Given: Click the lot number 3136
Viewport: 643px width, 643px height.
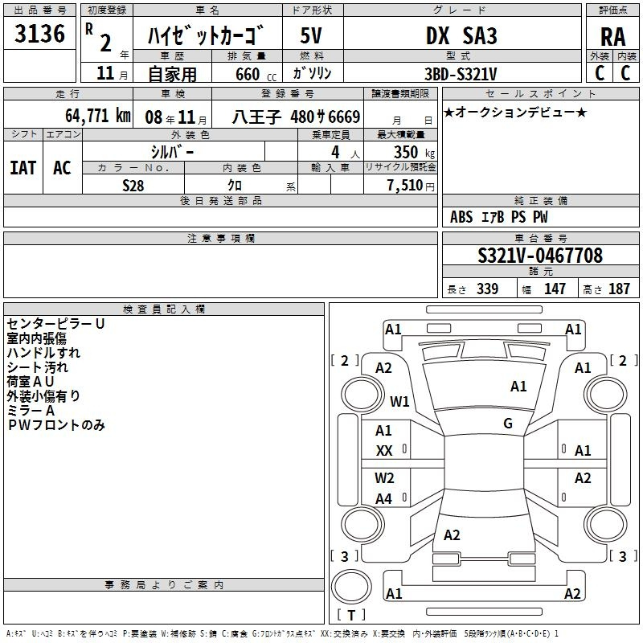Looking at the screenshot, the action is pyautogui.click(x=39, y=34).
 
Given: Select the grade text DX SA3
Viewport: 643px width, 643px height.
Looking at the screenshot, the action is pyautogui.click(x=461, y=35).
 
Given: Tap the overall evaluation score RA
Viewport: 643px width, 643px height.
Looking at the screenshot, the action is pyautogui.click(x=613, y=37).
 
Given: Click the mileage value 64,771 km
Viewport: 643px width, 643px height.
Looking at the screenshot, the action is pyautogui.click(x=98, y=116).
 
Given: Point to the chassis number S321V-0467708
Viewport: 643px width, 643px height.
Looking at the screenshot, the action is pyautogui.click(x=540, y=256).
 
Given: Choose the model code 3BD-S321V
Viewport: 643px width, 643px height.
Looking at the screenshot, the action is pyautogui.click(x=461, y=74).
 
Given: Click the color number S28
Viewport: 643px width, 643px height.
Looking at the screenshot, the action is pyautogui.click(x=133, y=186).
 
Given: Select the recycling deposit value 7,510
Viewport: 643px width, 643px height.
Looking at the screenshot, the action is pyautogui.click(x=405, y=186).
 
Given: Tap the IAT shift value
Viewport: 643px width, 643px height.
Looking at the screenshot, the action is pyautogui.click(x=23, y=168).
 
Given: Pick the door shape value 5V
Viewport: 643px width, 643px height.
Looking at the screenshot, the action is pyautogui.click(x=311, y=35).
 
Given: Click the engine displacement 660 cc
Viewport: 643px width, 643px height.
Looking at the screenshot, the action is pyautogui.click(x=256, y=75).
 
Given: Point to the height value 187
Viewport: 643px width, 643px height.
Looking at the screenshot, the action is pyautogui.click(x=619, y=289).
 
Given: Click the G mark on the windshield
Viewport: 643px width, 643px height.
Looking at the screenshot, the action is pyautogui.click(x=508, y=423).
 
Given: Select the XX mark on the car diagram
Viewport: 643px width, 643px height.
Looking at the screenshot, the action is pyautogui.click(x=384, y=451).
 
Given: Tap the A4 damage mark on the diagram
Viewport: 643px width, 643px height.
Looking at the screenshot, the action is pyautogui.click(x=384, y=498).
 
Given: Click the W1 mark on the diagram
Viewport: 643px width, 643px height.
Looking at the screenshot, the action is pyautogui.click(x=399, y=401).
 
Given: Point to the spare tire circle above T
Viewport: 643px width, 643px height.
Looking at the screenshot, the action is pyautogui.click(x=351, y=587).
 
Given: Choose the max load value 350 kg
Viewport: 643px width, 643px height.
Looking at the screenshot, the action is pyautogui.click(x=414, y=152).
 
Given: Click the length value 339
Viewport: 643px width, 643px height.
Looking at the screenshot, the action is pyautogui.click(x=488, y=289).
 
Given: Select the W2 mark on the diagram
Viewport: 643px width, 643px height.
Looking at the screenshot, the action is pyautogui.click(x=384, y=477).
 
